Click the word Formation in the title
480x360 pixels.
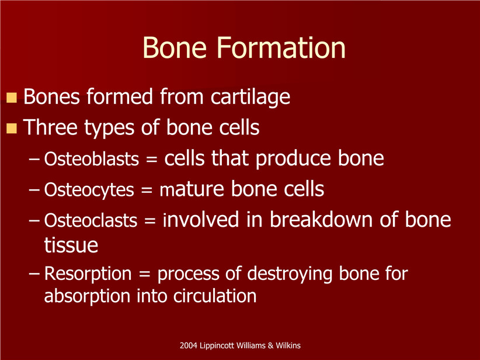pos(281,47)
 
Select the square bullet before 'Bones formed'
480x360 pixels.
pos(12,98)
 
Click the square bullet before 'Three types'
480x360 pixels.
pos(12,128)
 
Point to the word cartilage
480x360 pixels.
pos(250,98)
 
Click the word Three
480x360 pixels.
pos(50,127)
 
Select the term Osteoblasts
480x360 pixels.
pos(92,159)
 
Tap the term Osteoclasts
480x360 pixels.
pos(91,220)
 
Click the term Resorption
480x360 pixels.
pos(88,274)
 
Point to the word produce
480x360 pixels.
pos(294,160)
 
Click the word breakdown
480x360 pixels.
pos(321,220)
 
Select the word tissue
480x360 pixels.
pos(71,245)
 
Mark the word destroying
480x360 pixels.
pos(290,274)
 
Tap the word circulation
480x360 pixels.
pos(215,296)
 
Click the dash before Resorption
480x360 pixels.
pos(34,274)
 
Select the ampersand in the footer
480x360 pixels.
pos(270,345)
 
